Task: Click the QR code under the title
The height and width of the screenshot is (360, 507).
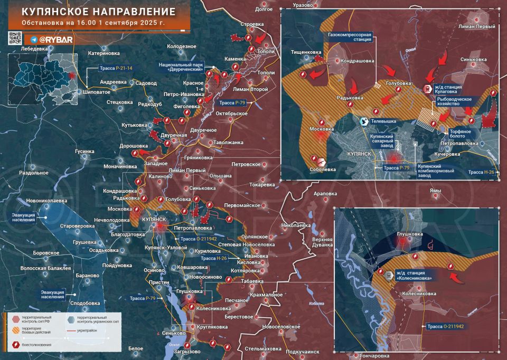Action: (x=15, y=38)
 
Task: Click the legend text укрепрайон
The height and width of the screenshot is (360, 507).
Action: (x=88, y=333)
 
